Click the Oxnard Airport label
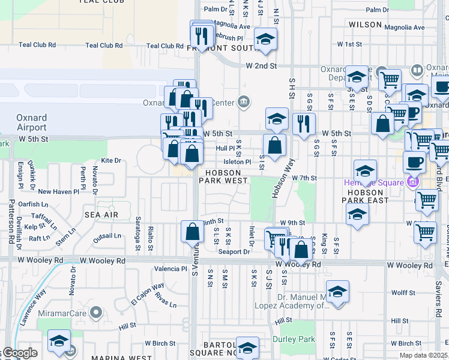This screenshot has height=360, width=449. (31, 122)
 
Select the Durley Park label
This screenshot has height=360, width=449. (294, 339)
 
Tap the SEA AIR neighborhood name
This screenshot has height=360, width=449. (100, 214)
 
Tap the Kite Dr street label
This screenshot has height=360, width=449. (111, 161)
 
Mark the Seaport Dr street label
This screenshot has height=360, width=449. (234, 252)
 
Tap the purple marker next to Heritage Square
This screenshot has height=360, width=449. (412, 182)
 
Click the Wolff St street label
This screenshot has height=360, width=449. (403, 293)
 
